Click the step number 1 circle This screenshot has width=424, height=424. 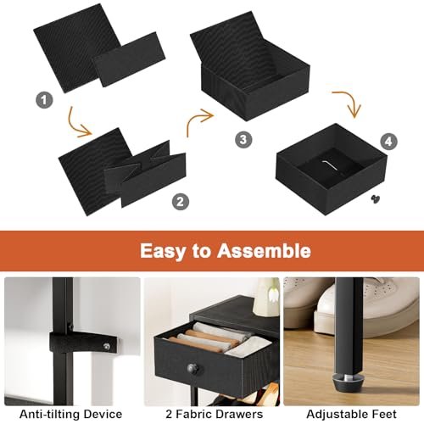click(x=44, y=100)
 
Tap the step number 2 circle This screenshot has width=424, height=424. click(x=181, y=202)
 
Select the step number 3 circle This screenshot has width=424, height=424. click(x=243, y=139)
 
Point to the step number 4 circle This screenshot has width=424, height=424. click(x=388, y=142)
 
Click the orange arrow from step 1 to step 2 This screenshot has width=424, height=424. click(x=75, y=126)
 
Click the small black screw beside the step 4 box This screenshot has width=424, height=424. click(x=376, y=198)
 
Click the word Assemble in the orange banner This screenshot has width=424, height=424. click(x=264, y=251)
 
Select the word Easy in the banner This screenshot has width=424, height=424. click(x=162, y=251)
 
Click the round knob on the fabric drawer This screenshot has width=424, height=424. click(x=192, y=369)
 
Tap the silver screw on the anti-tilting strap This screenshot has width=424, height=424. click(x=107, y=345)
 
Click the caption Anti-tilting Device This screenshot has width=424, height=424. click(x=71, y=414)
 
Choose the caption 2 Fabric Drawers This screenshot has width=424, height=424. click(x=215, y=414)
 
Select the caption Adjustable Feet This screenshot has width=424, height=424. click(x=351, y=414)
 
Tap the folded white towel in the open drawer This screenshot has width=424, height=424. click(x=248, y=347)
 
